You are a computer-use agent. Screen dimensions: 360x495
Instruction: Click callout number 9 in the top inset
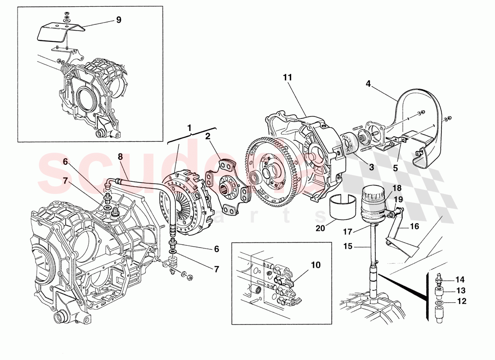tap(118, 20)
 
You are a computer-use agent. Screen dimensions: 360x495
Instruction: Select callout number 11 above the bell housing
tap(288, 77)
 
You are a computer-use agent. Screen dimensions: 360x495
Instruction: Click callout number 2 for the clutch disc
tap(208, 136)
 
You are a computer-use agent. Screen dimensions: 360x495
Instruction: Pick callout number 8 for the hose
tap(120, 157)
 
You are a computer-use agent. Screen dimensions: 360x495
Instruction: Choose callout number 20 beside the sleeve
tap(320, 228)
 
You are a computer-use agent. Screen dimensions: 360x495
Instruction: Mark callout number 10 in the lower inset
tap(315, 265)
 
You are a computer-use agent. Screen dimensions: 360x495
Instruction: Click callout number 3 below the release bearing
tap(371, 167)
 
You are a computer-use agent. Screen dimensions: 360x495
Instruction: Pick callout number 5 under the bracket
tap(395, 168)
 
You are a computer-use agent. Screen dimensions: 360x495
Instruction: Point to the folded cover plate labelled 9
tap(61, 34)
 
